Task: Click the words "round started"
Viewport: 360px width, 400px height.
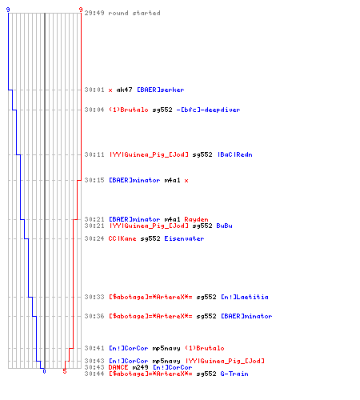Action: [134, 13]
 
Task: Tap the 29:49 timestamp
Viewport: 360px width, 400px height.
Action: [94, 13]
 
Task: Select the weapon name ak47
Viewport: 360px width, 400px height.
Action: [124, 90]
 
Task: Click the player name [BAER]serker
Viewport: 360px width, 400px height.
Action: [161, 90]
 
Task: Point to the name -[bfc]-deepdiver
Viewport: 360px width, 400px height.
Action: [208, 110]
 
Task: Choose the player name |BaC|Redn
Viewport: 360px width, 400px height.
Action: [235, 154]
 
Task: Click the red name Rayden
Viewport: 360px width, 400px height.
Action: [196, 219]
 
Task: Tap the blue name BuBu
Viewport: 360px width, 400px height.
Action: [224, 226]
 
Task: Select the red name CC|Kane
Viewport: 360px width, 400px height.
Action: [122, 238]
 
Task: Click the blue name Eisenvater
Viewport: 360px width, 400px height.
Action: [184, 238]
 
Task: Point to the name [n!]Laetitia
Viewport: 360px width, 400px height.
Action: [245, 297]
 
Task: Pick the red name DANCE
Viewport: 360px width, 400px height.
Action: [118, 367]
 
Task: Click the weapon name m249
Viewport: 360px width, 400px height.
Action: [140, 367]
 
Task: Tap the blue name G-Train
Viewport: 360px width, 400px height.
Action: [234, 374]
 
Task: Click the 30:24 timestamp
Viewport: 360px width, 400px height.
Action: [94, 238]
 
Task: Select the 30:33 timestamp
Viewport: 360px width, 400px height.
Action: [94, 297]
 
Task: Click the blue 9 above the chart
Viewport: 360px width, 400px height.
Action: [8, 10]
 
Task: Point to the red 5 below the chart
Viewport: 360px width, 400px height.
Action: [65, 371]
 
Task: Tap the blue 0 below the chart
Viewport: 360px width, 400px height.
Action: [44, 371]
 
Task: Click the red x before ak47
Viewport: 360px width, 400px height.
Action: [110, 90]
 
